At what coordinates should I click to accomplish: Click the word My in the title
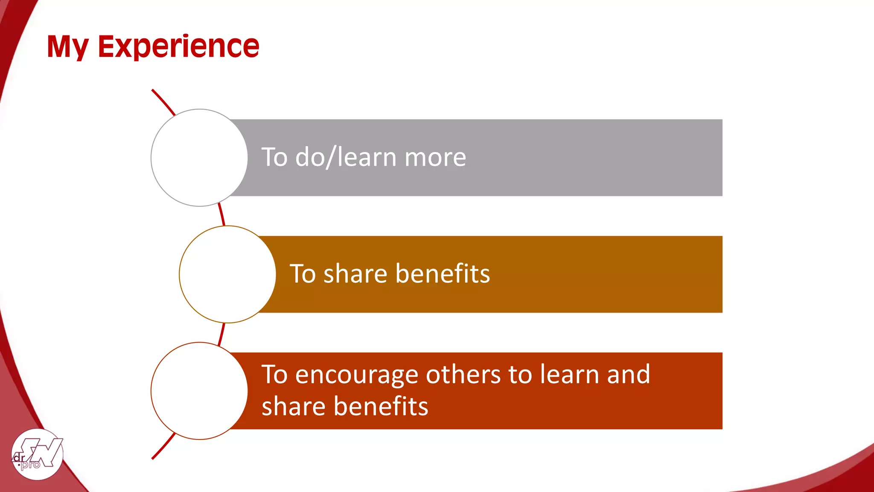pyautogui.click(x=67, y=47)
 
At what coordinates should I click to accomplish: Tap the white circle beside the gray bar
pyautogui.click(x=199, y=158)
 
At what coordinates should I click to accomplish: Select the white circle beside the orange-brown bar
pyautogui.click(x=227, y=274)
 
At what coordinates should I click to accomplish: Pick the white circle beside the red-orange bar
pyautogui.click(x=199, y=391)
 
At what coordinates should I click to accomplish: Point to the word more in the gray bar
pyautogui.click(x=435, y=158)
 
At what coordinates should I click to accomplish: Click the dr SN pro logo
pyautogui.click(x=37, y=454)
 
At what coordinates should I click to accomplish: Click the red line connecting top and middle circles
pyautogui.click(x=221, y=215)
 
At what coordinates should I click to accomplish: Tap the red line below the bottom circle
pyautogui.click(x=163, y=447)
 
